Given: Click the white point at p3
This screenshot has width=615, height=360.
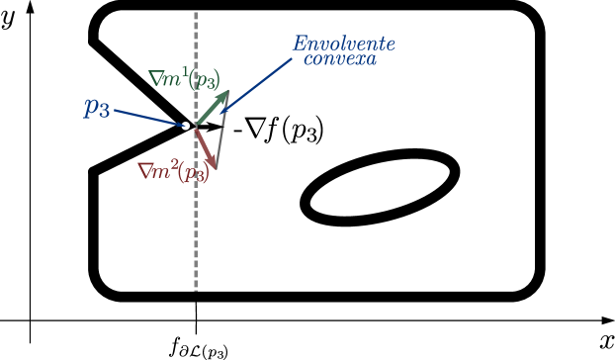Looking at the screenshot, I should pos(186,126).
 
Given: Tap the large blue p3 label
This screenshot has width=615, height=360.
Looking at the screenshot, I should pos(96,108).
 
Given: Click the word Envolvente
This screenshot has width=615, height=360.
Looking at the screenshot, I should pos(343,44).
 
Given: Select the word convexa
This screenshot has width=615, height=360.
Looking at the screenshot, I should pos(339,59).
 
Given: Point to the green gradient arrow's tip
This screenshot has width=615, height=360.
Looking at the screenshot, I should pos(226,91).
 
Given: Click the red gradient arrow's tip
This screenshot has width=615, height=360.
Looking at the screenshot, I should pos(213,168).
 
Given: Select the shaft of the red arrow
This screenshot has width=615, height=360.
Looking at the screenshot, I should pos(203,145).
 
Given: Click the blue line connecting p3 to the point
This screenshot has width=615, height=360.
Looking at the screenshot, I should pos(148,118).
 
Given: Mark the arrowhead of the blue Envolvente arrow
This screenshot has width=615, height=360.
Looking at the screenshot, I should pos(222,111).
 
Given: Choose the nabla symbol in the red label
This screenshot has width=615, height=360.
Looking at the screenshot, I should pos(144,171).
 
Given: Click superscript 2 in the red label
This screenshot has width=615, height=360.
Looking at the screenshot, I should pos(173,164).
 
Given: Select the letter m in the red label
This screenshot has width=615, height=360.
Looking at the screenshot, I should pos(160,172).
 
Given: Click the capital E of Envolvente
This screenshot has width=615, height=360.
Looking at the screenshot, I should pos(298,44).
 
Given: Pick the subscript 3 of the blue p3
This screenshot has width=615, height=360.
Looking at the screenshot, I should pos(104,112).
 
